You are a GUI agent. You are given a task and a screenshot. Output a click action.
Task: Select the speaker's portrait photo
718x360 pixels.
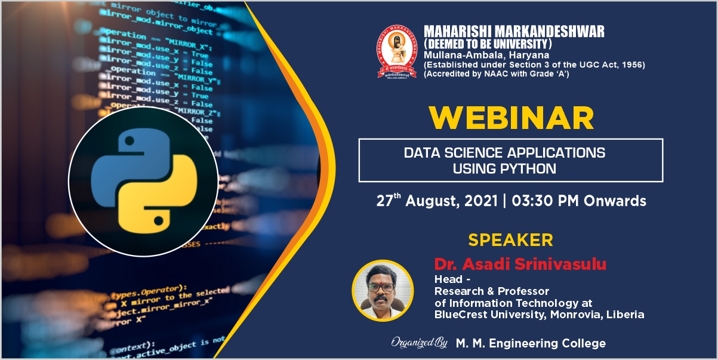coord(382,290)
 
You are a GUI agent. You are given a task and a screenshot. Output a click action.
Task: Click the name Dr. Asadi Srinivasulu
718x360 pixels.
coord(520,264)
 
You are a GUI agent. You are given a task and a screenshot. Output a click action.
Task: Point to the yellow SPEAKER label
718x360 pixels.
coord(510,240)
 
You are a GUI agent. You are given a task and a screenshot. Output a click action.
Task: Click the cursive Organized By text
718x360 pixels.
coord(419,343)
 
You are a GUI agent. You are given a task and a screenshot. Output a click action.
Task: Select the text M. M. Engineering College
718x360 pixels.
coord(531,343)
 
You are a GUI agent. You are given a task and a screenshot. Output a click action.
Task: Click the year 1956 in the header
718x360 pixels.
coord(633,64)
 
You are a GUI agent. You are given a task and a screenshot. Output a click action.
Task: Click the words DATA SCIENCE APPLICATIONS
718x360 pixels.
coord(504,153)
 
